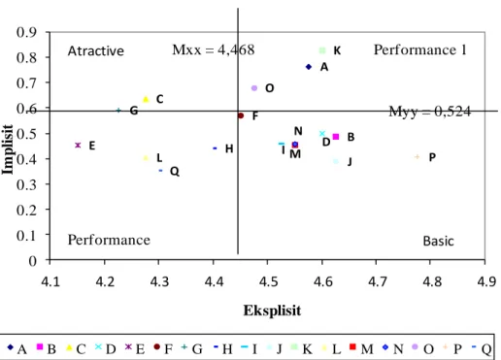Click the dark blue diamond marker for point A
(x=309, y=67)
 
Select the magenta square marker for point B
(x=336, y=137)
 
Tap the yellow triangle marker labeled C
(x=146, y=99)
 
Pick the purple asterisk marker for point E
(x=78, y=146)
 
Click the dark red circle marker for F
(x=241, y=115)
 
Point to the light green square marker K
(x=322, y=50)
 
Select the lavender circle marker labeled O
(x=254, y=88)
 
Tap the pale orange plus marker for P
(x=417, y=157)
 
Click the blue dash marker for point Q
(x=160, y=171)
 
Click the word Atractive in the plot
(x=96, y=51)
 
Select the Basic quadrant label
(x=438, y=241)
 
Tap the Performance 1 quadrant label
(x=420, y=49)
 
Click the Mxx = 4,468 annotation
(x=214, y=49)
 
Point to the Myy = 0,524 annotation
(x=430, y=112)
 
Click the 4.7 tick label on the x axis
(x=377, y=281)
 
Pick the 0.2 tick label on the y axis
(x=26, y=210)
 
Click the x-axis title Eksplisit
(x=272, y=311)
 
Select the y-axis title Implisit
(x=7, y=149)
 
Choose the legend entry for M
(x=362, y=348)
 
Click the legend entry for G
(x=192, y=348)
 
